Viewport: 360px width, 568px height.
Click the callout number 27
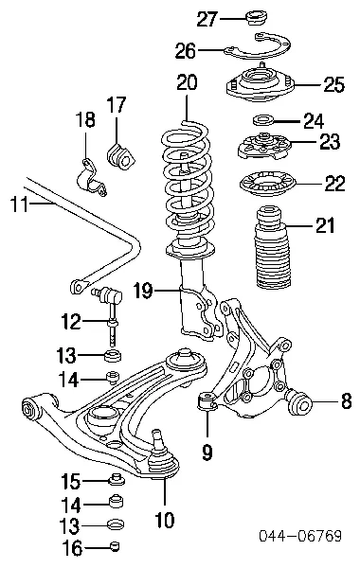coord(206,17)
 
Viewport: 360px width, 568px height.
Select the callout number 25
coord(331,85)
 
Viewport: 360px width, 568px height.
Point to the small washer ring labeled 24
coord(262,120)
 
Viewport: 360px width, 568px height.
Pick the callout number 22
coord(334,183)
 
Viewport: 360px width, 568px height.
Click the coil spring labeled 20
coord(191,189)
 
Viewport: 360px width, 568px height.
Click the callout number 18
coord(85,119)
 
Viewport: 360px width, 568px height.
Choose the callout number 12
coord(70,323)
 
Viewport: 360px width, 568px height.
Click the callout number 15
coord(72,480)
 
